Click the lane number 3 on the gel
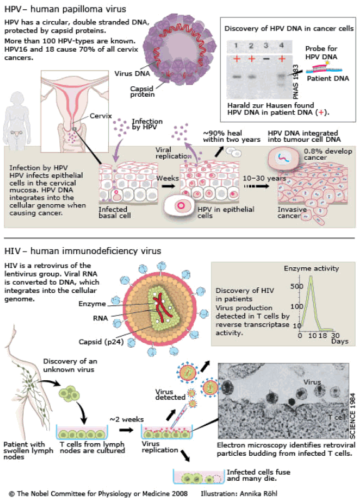pyautogui.click(x=266, y=45)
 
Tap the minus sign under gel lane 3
pyautogui.click(x=266, y=59)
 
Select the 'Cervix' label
pyautogui.click(x=101, y=116)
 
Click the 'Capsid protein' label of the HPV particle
pyautogui.click(x=142, y=92)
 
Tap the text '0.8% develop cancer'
pyautogui.click(x=327, y=154)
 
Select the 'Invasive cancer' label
pyautogui.click(x=292, y=212)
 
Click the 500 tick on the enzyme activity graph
pyautogui.click(x=296, y=286)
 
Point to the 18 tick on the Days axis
pyautogui.click(x=323, y=335)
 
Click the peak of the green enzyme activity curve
pyautogui.click(x=311, y=277)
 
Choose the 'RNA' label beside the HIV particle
pyautogui.click(x=101, y=318)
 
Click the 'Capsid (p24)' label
pyautogui.click(x=101, y=342)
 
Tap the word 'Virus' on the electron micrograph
pyautogui.click(x=312, y=382)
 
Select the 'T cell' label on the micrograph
pyautogui.click(x=337, y=417)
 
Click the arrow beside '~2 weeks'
pyautogui.click(x=126, y=430)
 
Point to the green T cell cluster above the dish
pyautogui.click(x=69, y=394)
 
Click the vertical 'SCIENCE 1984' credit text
pyautogui.click(x=352, y=416)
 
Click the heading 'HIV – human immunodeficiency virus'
pyautogui.click(x=82, y=251)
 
